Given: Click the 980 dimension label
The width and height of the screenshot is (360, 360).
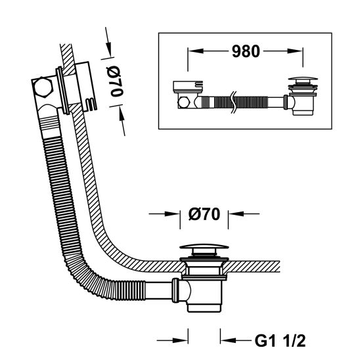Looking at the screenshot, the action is click(246, 51).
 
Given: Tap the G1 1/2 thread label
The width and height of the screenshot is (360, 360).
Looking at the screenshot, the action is click(280, 341).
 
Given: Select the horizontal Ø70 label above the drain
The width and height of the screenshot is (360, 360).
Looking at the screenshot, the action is click(204, 214).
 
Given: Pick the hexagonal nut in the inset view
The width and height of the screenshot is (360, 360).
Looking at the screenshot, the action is click(183, 102).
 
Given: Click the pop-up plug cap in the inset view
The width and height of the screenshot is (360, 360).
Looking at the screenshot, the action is click(303, 79).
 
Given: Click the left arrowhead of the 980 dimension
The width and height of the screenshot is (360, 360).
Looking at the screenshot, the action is click(196, 51).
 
